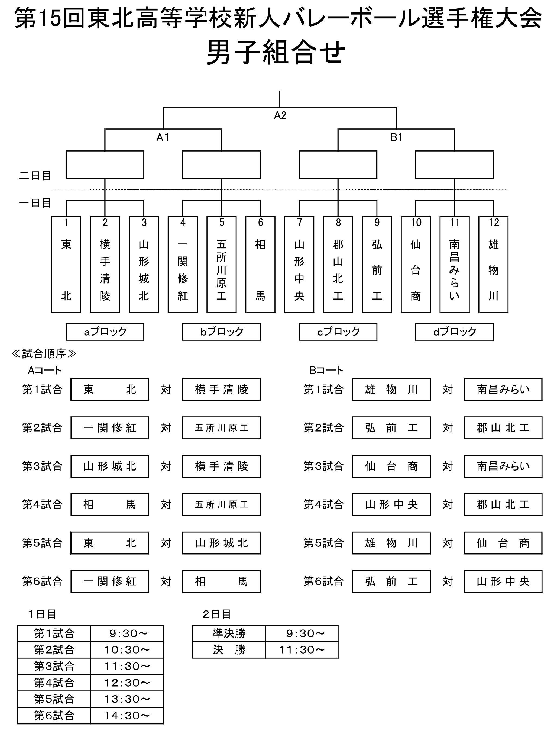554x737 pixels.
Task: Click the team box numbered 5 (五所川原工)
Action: click(221, 265)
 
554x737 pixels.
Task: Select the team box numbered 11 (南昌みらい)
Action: click(455, 265)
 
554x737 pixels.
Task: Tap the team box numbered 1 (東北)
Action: click(66, 265)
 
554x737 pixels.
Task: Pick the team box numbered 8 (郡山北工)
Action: click(338, 265)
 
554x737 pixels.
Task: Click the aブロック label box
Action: click(105, 332)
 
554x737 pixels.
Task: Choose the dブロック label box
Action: click(455, 332)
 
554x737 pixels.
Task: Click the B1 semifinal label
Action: click(396, 137)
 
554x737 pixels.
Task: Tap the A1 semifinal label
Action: click(163, 137)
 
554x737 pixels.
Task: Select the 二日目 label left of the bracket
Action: click(35, 176)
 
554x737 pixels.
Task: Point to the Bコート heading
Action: click(326, 370)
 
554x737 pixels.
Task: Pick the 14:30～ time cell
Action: click(127, 715)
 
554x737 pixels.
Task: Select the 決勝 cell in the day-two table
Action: click(229, 650)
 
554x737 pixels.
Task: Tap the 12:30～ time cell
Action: click(127, 683)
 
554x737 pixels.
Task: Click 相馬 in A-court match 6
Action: click(221, 581)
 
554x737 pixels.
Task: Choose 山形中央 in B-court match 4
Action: click(391, 505)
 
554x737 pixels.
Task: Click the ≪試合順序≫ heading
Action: click(44, 353)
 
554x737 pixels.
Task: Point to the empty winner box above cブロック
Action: click(338, 165)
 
